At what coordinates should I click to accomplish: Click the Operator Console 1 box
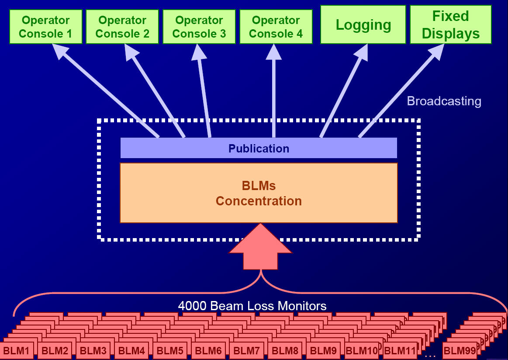click(x=46, y=27)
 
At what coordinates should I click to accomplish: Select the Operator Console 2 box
click(x=122, y=27)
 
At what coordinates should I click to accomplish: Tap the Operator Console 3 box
click(x=199, y=27)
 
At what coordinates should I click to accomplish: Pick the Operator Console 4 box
click(x=276, y=27)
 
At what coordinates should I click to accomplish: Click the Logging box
click(x=363, y=25)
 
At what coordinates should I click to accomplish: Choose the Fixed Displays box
click(x=451, y=25)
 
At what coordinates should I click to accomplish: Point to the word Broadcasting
click(x=444, y=101)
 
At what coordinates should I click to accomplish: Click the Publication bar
click(x=259, y=149)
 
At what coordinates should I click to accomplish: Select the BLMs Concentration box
click(x=259, y=193)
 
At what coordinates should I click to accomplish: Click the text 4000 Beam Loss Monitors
click(x=252, y=305)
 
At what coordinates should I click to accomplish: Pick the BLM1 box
click(x=17, y=351)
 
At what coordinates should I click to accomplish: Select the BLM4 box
click(x=131, y=351)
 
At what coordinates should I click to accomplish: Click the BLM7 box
click(x=247, y=351)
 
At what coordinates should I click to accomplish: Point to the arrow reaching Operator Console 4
click(x=274, y=92)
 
